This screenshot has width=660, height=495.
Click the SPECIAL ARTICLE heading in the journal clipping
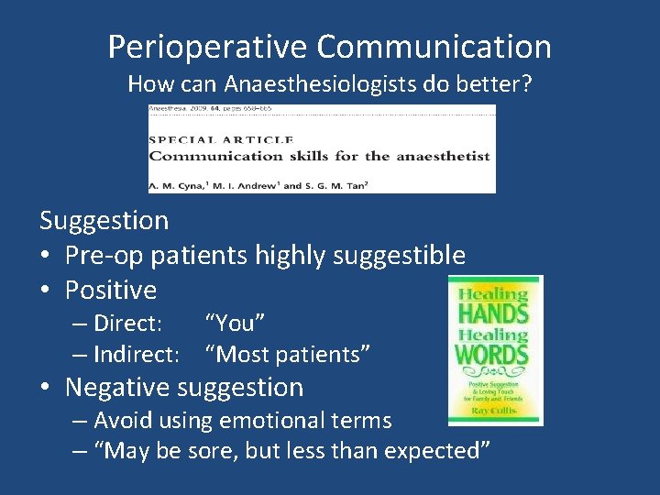[x=221, y=139]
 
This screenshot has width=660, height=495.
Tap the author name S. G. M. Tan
[x=340, y=184]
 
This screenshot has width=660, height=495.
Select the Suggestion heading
[x=104, y=220]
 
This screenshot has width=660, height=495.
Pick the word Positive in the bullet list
[x=111, y=291]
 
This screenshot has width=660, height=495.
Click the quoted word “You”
[x=236, y=324]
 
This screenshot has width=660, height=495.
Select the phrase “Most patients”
[x=288, y=353]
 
